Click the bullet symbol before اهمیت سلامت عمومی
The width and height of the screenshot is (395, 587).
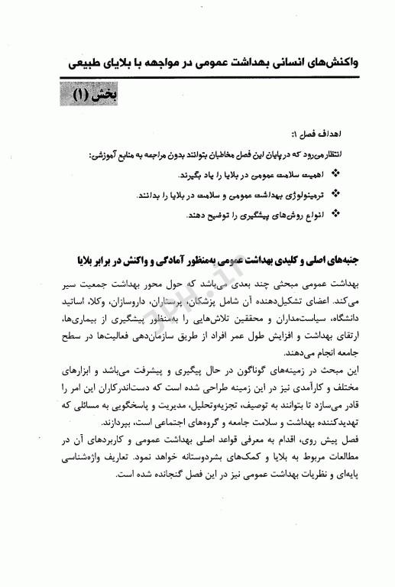coord(338,174)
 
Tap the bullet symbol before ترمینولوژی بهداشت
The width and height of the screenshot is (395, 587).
coord(338,195)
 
